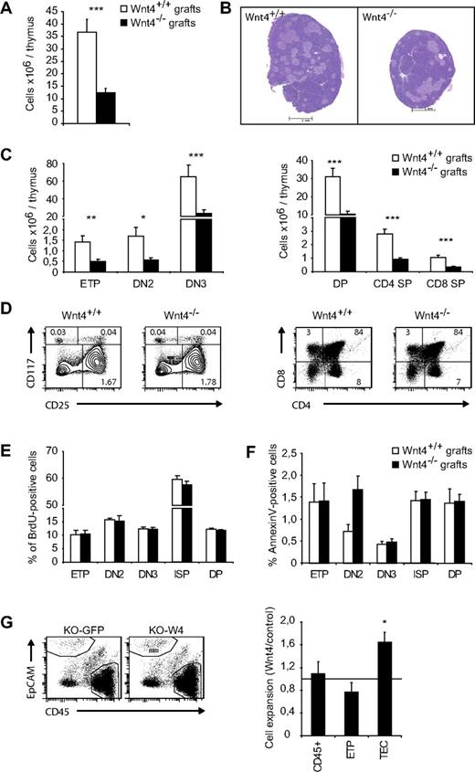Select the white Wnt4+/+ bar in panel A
click(87, 78)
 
